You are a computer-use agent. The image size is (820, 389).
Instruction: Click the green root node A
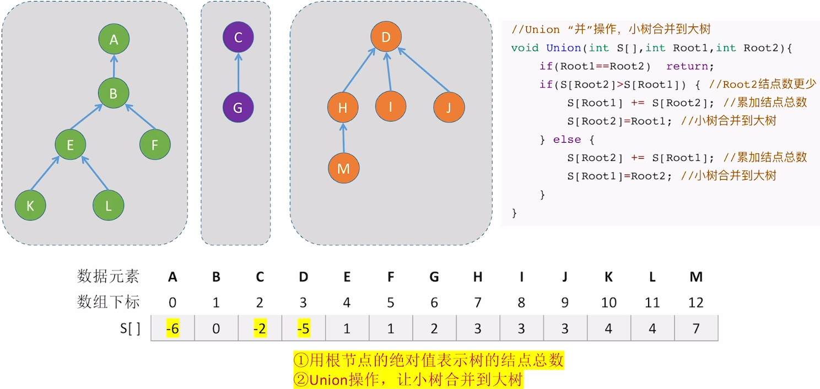[x=114, y=40]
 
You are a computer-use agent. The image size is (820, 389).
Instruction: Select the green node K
[x=30, y=206]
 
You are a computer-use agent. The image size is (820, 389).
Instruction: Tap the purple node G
[x=238, y=107]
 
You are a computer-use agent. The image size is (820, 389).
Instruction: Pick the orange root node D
[x=386, y=37]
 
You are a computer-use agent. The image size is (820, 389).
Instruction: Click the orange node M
[x=343, y=168]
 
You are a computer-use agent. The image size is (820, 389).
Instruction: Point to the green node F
[x=155, y=145]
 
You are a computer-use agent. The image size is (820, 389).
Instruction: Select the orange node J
[x=449, y=107]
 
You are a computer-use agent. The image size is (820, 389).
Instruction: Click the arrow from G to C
[x=238, y=72]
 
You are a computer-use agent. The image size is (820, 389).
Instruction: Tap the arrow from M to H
[x=343, y=138]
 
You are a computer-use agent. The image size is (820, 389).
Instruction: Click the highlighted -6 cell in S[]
[x=172, y=328]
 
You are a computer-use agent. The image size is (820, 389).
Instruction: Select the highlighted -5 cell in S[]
[x=303, y=328]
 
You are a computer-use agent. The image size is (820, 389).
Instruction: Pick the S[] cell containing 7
[x=696, y=328]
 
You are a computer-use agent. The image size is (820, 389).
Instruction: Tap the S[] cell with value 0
[x=216, y=328]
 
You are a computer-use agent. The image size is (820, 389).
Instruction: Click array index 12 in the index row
[x=696, y=302]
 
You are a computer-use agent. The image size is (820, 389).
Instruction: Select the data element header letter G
[x=434, y=277]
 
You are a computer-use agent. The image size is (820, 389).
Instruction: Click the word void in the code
[x=525, y=48]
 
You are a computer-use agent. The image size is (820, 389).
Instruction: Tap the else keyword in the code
[x=567, y=139]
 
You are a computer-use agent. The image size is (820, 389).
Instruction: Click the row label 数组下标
[x=108, y=302]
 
